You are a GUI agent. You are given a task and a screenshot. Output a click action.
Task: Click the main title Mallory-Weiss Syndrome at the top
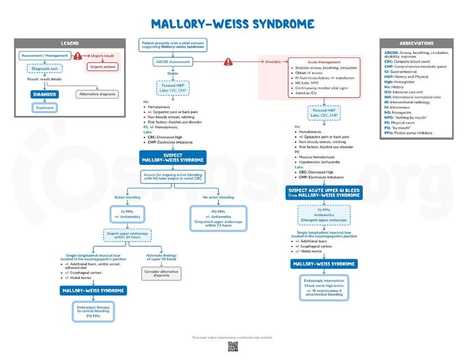coord(232,24)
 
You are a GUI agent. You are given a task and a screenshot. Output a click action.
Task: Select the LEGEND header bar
coord(70,43)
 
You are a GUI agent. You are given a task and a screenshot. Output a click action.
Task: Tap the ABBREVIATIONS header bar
coord(416,43)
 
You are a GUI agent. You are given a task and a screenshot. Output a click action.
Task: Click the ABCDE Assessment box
coord(173,61)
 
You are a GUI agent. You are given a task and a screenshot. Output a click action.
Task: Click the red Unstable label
coord(273,61)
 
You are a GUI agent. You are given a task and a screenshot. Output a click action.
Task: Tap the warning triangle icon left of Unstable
coord(228,61)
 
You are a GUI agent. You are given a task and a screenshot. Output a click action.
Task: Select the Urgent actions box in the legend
coord(102,67)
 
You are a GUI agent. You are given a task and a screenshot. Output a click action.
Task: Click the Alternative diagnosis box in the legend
coord(97,94)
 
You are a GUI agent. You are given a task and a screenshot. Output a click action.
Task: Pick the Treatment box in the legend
coord(44,107)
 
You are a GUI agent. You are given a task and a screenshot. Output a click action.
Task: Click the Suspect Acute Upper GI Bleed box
coord(324,192)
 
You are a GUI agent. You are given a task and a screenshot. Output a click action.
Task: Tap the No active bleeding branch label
coord(218,197)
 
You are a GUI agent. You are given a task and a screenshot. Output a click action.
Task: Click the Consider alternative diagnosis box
coord(161,273)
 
